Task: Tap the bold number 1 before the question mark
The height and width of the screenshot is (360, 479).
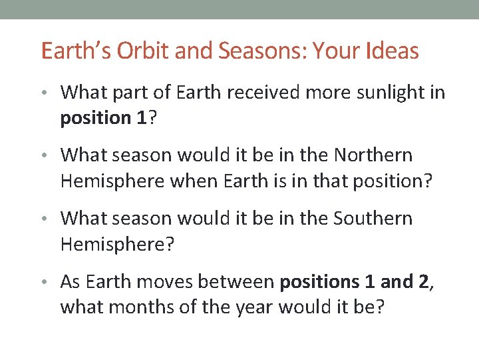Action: (x=140, y=117)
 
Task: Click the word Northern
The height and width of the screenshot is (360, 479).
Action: (x=374, y=155)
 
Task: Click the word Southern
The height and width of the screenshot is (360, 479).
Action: (x=374, y=219)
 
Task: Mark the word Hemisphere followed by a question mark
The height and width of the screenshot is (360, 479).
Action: (x=112, y=244)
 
